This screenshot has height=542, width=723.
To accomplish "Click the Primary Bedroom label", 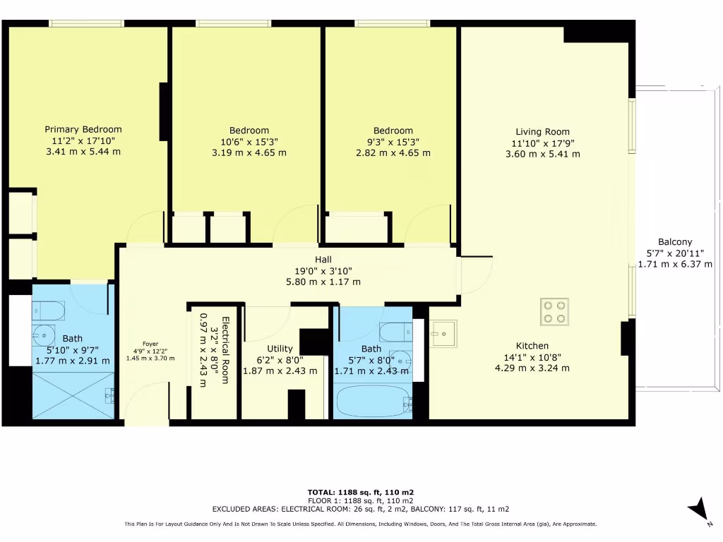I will point(83,129).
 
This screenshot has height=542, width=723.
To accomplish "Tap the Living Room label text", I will point(542,131).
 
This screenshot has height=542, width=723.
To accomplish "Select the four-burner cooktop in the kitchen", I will point(554,312).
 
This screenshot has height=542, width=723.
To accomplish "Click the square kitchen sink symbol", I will point(445,332).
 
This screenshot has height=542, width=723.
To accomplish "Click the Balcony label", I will point(675,241).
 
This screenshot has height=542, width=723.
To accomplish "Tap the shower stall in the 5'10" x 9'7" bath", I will point(73,395).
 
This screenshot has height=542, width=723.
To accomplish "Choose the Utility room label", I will point(280,349).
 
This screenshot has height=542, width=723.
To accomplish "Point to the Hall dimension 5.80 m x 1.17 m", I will point(323,282).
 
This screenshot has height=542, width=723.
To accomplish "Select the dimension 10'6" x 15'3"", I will point(249,141).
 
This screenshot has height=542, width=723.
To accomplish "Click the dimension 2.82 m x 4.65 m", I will point(393,152).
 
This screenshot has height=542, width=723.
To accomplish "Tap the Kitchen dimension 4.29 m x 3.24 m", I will point(532,368).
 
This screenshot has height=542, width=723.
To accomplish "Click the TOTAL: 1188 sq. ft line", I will point(361,492).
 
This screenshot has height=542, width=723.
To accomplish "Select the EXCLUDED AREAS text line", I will point(361,509).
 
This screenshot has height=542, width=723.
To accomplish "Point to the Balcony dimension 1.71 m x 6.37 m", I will point(675,264).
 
